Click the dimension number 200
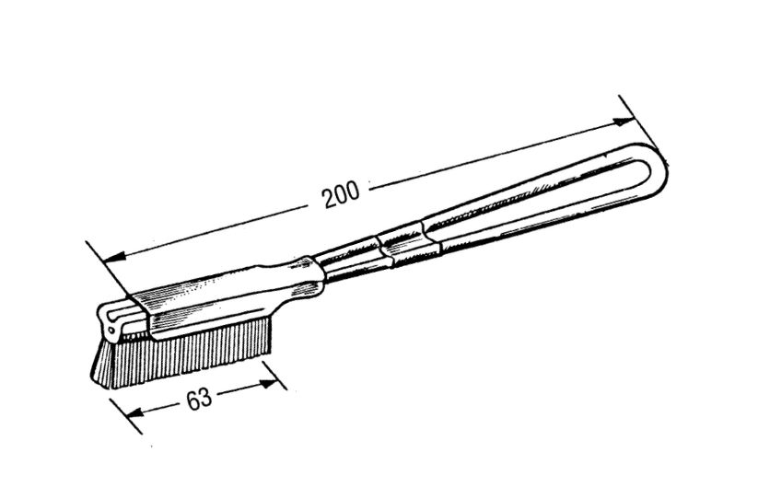pos(342,193)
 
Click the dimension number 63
pos(199,399)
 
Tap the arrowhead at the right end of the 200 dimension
pos(624,122)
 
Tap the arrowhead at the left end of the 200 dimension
pos(115,257)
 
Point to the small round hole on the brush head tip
pos(111,331)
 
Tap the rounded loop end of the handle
pos(659,168)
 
